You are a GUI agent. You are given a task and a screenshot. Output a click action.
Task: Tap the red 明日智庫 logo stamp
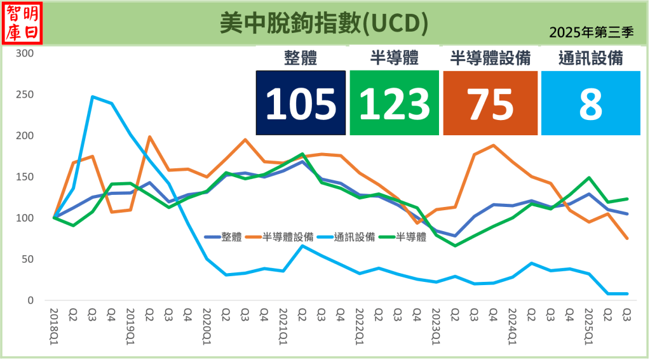coord(23,23)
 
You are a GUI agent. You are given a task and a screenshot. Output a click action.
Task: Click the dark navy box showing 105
coord(301,103)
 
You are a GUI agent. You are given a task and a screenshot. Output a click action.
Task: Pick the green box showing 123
coord(394,103)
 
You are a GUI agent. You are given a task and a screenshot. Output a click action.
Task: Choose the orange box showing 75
coord(490,103)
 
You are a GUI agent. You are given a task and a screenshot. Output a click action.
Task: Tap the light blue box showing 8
coord(590,103)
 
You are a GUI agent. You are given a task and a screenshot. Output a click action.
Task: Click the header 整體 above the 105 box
coord(301,58)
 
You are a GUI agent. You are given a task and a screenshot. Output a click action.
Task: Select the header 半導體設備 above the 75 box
coord(490,58)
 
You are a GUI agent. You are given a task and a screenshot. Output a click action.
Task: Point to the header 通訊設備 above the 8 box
coord(590,58)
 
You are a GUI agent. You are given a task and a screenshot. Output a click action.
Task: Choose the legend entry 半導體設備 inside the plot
coord(288,237)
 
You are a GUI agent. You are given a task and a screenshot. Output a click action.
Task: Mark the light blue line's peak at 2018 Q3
coord(92,97)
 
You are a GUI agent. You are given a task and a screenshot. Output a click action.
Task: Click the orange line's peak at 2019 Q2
coord(149,137)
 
